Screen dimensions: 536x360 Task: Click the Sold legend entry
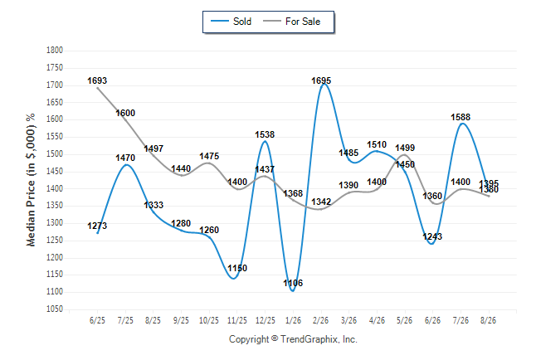231,22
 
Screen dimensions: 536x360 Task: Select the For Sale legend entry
291,22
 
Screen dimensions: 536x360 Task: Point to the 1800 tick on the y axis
55,51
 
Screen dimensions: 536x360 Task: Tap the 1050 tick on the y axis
55,309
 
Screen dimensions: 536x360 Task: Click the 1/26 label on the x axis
293,320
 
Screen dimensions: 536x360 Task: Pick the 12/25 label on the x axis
265,320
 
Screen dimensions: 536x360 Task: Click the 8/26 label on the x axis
488,320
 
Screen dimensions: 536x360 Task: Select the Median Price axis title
31,180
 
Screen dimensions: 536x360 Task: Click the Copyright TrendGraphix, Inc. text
293,339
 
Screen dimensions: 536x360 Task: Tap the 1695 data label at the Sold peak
321,80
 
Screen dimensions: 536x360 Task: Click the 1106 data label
293,283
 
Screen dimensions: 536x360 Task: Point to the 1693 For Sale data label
97,80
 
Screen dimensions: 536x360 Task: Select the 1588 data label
460,117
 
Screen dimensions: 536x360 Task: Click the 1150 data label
237,268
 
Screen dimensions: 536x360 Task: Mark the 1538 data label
265,134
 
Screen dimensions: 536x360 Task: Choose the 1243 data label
432,236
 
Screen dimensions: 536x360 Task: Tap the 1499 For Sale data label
405,148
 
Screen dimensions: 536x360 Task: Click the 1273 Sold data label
97,226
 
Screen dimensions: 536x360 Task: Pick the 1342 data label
321,202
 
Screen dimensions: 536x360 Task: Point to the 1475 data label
209,156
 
